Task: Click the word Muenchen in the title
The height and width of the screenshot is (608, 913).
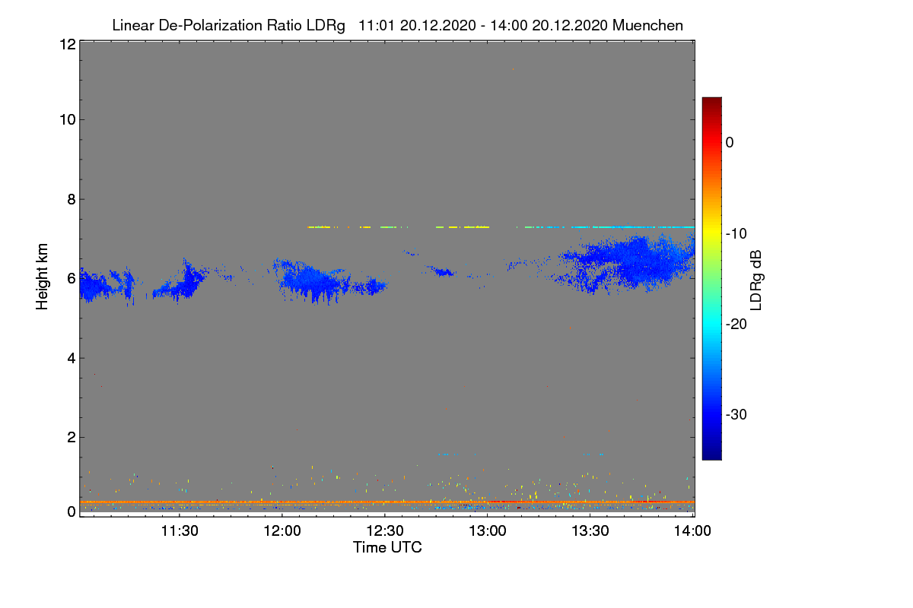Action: pyautogui.click(x=647, y=26)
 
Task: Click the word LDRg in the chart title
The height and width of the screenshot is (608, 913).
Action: pyautogui.click(x=326, y=26)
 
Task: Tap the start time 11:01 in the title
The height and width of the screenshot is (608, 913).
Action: pyautogui.click(x=377, y=26)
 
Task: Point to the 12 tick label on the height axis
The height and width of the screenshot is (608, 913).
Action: pyautogui.click(x=68, y=44)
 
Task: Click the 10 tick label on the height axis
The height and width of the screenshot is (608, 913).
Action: pyautogui.click(x=68, y=120)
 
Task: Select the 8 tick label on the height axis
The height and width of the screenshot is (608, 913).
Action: pyautogui.click(x=72, y=199)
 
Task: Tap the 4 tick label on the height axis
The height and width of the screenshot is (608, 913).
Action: pyautogui.click(x=72, y=359)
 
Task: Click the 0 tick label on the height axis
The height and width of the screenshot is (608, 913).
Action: pyautogui.click(x=72, y=512)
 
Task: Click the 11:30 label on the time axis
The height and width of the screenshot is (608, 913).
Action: pyautogui.click(x=180, y=531)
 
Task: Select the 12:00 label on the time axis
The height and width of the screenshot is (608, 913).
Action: pyautogui.click(x=282, y=531)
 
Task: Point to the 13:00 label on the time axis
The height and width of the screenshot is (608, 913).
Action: pyautogui.click(x=488, y=531)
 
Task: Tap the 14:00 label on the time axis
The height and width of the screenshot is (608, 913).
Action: pyautogui.click(x=692, y=531)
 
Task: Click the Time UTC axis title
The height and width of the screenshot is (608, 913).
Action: pyautogui.click(x=387, y=547)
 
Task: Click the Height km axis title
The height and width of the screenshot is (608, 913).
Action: pyautogui.click(x=42, y=277)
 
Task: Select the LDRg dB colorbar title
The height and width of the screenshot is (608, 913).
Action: pyautogui.click(x=756, y=280)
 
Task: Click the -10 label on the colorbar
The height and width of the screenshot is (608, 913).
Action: pyautogui.click(x=736, y=234)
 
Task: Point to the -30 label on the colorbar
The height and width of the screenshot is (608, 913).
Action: pyautogui.click(x=736, y=414)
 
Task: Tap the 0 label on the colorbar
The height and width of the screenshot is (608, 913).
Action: pyautogui.click(x=730, y=143)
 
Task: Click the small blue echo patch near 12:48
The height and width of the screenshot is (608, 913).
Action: pyautogui.click(x=444, y=272)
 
